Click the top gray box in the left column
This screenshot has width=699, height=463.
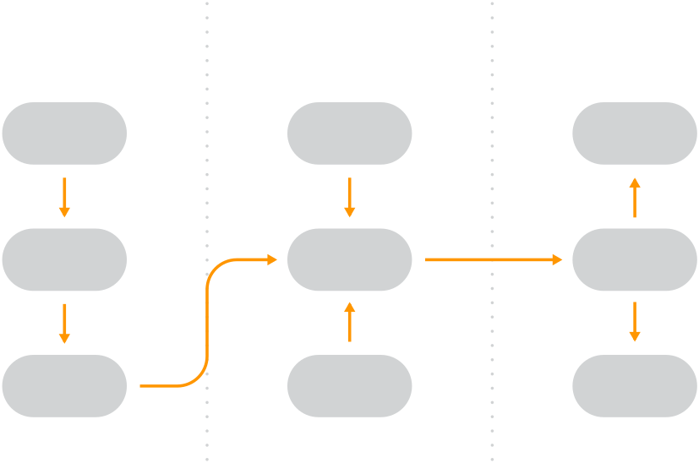64,133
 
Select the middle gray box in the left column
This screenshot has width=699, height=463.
64,259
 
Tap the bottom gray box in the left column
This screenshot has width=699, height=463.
64,386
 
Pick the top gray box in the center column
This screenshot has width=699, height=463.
349,133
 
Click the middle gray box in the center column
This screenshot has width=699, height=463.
349,259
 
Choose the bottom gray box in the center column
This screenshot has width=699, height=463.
349,386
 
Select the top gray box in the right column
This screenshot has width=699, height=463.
635,133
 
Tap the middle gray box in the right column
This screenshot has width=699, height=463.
635,259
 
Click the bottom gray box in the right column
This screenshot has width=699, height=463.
635,386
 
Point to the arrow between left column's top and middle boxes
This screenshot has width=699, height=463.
64,197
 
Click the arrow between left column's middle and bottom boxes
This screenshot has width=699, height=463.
64,323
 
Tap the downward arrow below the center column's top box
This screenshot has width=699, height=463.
349,197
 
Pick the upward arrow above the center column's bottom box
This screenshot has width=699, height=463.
349,323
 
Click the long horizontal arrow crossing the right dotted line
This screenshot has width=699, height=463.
492,259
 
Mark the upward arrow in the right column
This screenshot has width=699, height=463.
635,197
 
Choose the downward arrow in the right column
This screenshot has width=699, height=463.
635,323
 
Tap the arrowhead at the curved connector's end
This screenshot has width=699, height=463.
271,259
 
